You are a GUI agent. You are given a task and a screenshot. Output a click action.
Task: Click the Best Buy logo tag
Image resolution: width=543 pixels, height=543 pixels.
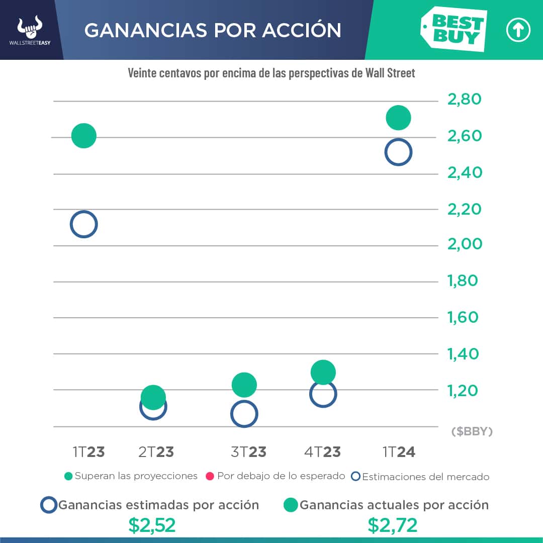[453, 30]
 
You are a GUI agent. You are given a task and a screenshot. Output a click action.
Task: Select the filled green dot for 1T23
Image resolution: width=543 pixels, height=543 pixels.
[83, 136]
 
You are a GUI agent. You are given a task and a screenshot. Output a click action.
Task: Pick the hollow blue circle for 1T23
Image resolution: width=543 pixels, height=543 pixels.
[83, 224]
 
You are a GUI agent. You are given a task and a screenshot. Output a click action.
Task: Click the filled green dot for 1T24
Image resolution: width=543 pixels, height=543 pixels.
[398, 118]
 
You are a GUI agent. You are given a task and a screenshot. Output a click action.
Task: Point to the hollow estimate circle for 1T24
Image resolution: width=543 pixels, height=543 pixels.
[398, 152]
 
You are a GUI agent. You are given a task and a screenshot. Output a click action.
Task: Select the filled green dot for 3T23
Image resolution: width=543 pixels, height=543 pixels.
[244, 385]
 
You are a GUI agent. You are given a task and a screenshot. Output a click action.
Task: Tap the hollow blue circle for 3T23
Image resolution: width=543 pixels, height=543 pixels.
[244, 414]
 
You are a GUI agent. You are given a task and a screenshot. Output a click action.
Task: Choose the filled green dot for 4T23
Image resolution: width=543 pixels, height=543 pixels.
[323, 373]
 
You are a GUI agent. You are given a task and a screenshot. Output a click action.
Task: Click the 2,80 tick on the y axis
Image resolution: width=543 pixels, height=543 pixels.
[464, 100]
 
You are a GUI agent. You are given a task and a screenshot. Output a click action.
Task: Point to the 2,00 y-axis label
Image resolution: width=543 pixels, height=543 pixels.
[464, 244]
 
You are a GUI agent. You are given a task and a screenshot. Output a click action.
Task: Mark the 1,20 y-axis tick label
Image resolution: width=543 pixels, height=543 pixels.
[464, 391]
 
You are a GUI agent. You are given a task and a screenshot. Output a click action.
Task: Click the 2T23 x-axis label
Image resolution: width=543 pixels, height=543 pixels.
[156, 452]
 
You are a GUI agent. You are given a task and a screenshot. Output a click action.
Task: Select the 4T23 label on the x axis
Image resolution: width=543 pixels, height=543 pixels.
[322, 452]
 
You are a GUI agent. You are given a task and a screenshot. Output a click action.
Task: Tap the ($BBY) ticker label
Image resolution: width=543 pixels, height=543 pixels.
[472, 431]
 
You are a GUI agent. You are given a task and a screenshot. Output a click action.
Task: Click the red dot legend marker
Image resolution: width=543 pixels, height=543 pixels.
[210, 476]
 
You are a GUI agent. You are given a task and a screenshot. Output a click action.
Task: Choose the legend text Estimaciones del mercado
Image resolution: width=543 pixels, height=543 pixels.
[425, 477]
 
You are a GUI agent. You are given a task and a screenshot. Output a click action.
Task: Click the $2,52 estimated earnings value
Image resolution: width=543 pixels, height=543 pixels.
[152, 525]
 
